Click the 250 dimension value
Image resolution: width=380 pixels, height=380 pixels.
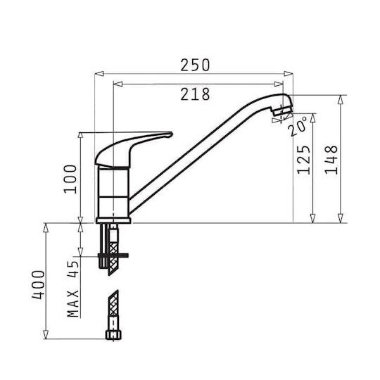195,65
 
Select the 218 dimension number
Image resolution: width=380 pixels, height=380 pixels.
195,94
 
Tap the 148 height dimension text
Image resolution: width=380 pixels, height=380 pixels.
331,160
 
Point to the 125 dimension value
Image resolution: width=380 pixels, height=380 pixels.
304,160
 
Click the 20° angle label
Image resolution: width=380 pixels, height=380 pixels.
298,126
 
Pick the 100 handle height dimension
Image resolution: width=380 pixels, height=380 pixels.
70,179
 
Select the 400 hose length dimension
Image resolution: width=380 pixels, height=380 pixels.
38,285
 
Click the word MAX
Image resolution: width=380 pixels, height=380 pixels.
73,303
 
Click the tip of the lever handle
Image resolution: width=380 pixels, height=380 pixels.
172,134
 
